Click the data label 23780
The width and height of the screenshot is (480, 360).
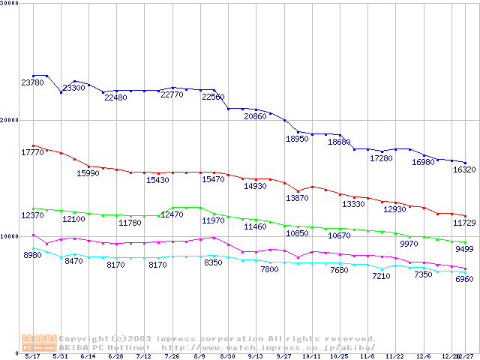tap(32, 82)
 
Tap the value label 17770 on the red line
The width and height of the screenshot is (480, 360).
tap(32, 152)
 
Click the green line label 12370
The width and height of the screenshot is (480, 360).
tap(32, 216)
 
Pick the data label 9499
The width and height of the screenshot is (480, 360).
tap(465, 250)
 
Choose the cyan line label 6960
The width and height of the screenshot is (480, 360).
tap(465, 279)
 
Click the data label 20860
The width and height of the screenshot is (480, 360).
tap(255, 117)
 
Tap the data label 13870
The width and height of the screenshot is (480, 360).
tap(297, 198)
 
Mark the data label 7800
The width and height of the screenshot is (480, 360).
tap(269, 269)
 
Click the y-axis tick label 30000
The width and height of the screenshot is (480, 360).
tap(10, 3)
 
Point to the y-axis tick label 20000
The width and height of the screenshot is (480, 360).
tap(10, 120)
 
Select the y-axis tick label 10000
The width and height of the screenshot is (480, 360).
tap(10, 236)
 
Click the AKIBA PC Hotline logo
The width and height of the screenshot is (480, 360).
tap(39, 343)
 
